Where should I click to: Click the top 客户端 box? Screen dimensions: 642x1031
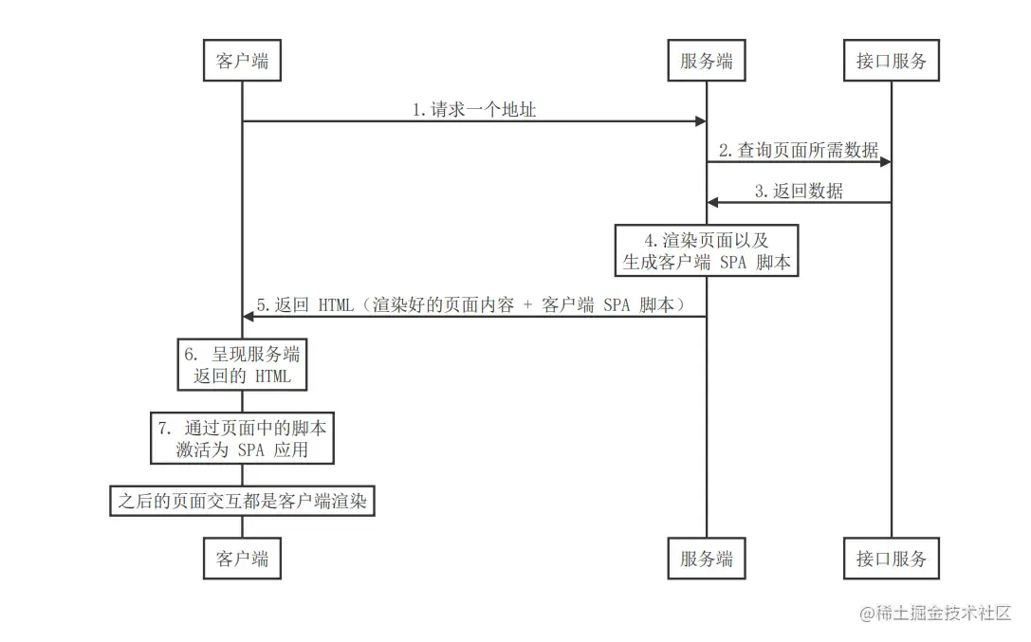[x=242, y=63]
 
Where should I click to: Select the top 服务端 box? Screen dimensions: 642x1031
[x=707, y=63]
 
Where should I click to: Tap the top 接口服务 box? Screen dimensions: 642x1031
[x=891, y=63]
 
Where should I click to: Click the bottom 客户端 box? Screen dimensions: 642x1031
[x=242, y=559]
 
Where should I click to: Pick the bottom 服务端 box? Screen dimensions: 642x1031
[x=707, y=559]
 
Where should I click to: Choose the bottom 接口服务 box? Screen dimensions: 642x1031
[x=891, y=559]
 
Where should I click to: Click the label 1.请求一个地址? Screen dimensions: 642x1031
[x=474, y=110]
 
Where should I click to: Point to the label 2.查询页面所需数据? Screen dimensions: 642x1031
[x=799, y=150]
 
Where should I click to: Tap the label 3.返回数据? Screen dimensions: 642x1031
[x=799, y=191]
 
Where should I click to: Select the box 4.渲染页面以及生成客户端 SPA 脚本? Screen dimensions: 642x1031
[x=707, y=250]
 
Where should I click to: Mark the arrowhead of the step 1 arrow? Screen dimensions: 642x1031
[x=701, y=121]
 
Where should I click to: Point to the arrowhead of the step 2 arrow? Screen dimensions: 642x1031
[x=885, y=162]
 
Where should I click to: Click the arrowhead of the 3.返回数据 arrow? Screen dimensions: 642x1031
[x=713, y=202]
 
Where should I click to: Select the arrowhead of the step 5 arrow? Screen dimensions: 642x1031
[x=249, y=316]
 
